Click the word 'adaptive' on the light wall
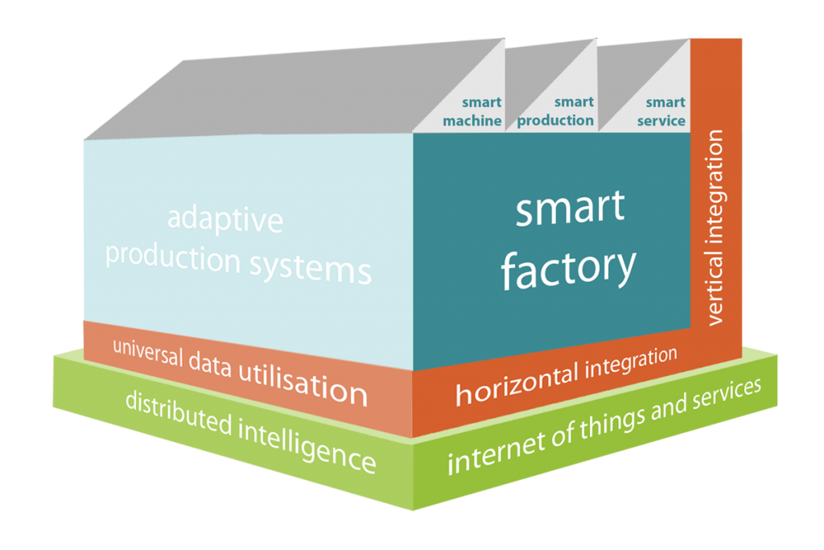(x=225, y=219)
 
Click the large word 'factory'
(x=568, y=267)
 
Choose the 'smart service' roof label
(x=661, y=112)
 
